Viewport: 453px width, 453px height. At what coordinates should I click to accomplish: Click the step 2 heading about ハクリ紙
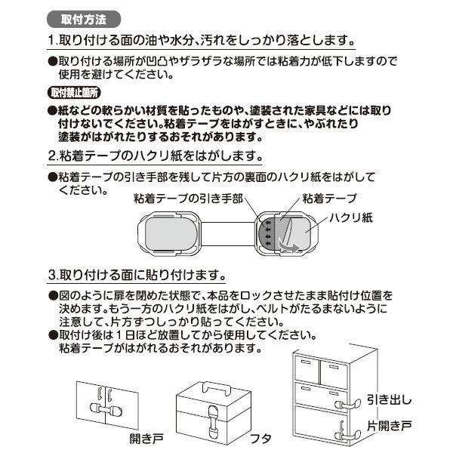point(154,157)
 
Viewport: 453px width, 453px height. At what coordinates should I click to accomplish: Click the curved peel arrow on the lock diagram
point(286,243)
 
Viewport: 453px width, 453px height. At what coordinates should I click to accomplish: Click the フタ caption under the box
point(259,438)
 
